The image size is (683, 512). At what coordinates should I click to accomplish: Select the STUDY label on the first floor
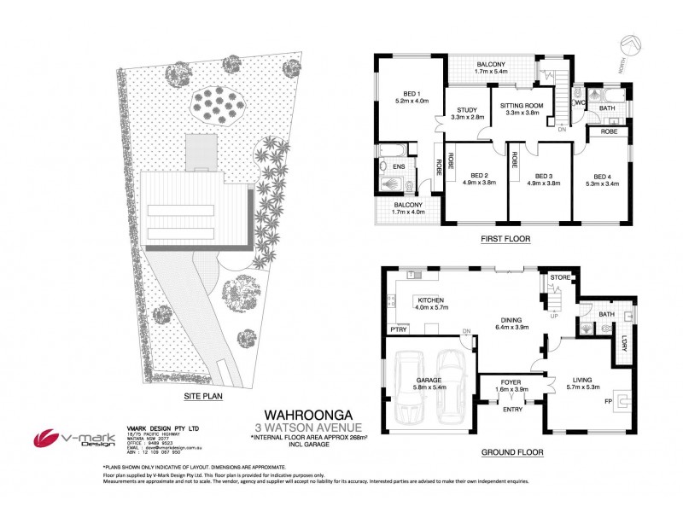[466, 109]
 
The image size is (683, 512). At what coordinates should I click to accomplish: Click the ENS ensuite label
[399, 166]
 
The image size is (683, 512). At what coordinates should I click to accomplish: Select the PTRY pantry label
[398, 328]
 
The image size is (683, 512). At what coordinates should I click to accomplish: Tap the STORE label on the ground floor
[559, 276]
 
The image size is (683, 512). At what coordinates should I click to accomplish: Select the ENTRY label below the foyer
[512, 410]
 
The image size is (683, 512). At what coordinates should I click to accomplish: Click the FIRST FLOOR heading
[506, 240]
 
